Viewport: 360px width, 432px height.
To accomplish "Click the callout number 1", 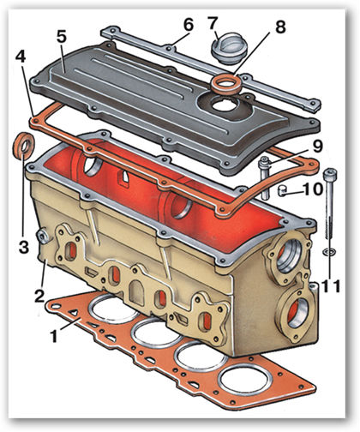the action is point(54,336).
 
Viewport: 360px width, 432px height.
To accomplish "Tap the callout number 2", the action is point(39,296).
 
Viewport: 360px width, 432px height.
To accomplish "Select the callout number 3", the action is point(24,248).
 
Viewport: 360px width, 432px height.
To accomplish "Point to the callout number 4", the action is point(21,57).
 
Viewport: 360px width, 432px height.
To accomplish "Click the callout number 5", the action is point(62,36).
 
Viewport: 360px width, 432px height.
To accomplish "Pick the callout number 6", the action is point(189,25).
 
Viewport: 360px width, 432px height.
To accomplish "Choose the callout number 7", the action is point(213,23).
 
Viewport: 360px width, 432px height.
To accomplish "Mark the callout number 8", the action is point(280,27).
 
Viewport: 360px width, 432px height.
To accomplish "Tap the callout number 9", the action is point(317,147).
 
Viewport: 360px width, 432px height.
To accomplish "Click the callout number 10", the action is point(313,189).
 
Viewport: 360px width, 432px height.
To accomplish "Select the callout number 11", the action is point(332,286).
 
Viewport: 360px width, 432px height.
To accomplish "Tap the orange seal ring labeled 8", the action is point(226,86).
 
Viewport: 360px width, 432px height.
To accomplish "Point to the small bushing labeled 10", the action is point(283,191).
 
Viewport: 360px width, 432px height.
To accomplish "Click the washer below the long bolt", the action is point(329,252).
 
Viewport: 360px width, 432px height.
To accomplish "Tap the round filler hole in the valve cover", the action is point(225,105).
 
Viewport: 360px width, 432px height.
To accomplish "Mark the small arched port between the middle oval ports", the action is point(137,289).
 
